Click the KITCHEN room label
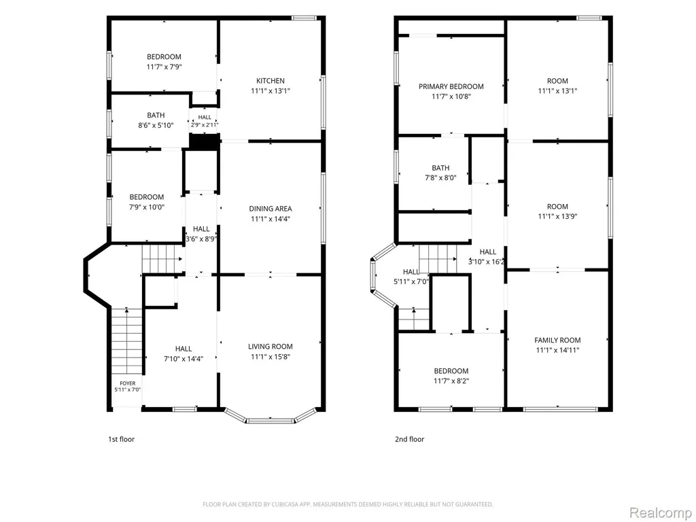[x=271, y=81]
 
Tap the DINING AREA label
[x=271, y=209]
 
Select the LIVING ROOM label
[x=271, y=347]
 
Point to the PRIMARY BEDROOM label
[x=451, y=86]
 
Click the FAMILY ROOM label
[x=557, y=341]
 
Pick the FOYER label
[x=127, y=383]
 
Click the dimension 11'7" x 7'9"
[x=164, y=67]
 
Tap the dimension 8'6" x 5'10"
[x=156, y=126]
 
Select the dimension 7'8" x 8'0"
[x=440, y=178]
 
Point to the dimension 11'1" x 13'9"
[x=557, y=217]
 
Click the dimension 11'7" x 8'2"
[x=451, y=381]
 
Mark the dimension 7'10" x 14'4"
[x=184, y=359]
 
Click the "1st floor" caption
[x=121, y=440]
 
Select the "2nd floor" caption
[x=410, y=440]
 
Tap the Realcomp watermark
[x=659, y=512]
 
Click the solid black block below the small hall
[x=205, y=141]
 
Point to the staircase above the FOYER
[x=126, y=341]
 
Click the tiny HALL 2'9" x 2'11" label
[x=205, y=121]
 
